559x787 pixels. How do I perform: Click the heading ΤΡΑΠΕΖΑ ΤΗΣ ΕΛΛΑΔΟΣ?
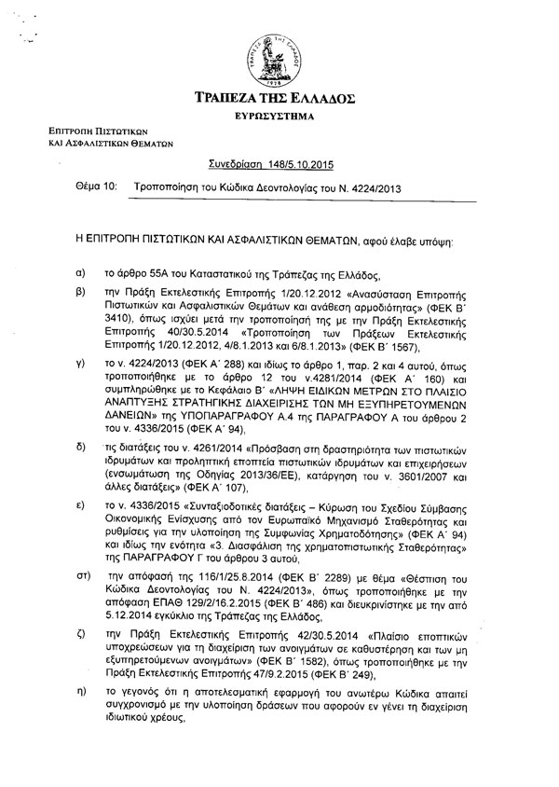(x=281, y=99)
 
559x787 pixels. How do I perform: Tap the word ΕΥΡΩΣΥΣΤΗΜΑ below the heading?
(x=281, y=118)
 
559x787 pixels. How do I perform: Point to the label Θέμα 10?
(x=96, y=186)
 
